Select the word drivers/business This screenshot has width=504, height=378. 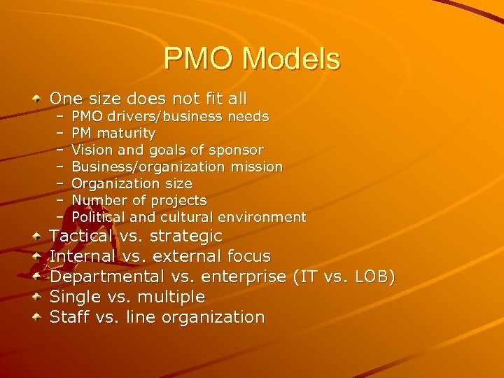point(160,116)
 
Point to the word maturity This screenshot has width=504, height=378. point(128,133)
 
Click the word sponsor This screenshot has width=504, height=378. point(239,150)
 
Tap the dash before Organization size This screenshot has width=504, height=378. point(60,183)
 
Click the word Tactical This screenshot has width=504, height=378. point(80,237)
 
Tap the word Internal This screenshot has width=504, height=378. point(83,257)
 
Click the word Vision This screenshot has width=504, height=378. point(90,150)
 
